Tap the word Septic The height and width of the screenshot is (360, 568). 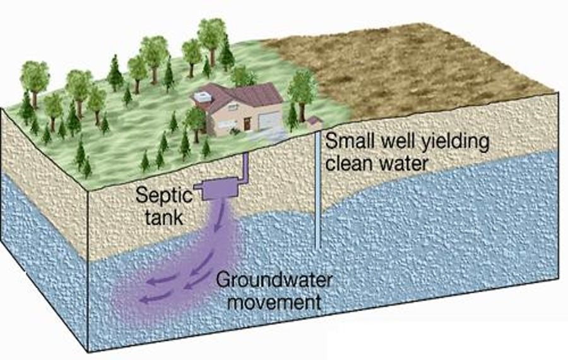164,196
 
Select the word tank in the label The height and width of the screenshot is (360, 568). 163,217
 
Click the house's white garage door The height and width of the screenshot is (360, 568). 270,121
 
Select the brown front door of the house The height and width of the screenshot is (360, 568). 247,124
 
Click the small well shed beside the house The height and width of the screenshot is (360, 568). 314,122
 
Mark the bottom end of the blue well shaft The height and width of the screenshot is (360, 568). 317,248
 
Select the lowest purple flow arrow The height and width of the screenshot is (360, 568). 154,298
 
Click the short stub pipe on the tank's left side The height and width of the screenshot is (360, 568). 198,187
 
